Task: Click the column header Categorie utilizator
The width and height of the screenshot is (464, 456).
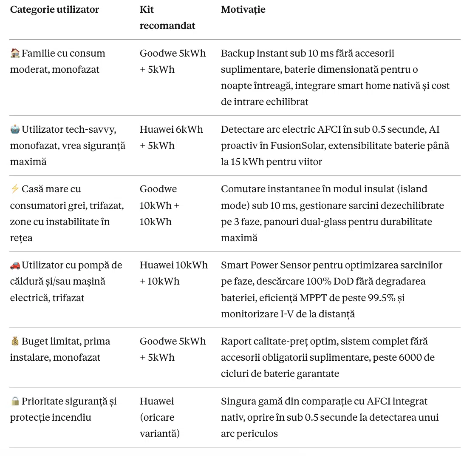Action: (x=54, y=10)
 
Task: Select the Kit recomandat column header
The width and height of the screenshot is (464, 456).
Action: (x=167, y=18)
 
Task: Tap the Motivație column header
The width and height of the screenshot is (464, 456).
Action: (x=243, y=10)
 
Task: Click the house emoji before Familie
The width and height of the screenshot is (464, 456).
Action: (x=15, y=54)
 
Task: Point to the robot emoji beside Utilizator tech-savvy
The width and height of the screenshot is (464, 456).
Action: (x=15, y=130)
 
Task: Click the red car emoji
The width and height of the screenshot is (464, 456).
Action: (x=15, y=265)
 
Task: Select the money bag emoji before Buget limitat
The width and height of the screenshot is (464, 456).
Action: (x=15, y=342)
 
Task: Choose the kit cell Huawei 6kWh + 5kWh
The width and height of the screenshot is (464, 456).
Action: (x=171, y=137)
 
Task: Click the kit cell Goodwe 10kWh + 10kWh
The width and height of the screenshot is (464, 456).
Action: (x=159, y=205)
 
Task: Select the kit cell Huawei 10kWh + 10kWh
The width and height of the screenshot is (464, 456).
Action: (x=173, y=273)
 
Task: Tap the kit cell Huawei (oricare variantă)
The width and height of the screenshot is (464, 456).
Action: (x=160, y=417)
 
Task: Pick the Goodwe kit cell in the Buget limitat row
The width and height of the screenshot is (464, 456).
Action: (x=173, y=349)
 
